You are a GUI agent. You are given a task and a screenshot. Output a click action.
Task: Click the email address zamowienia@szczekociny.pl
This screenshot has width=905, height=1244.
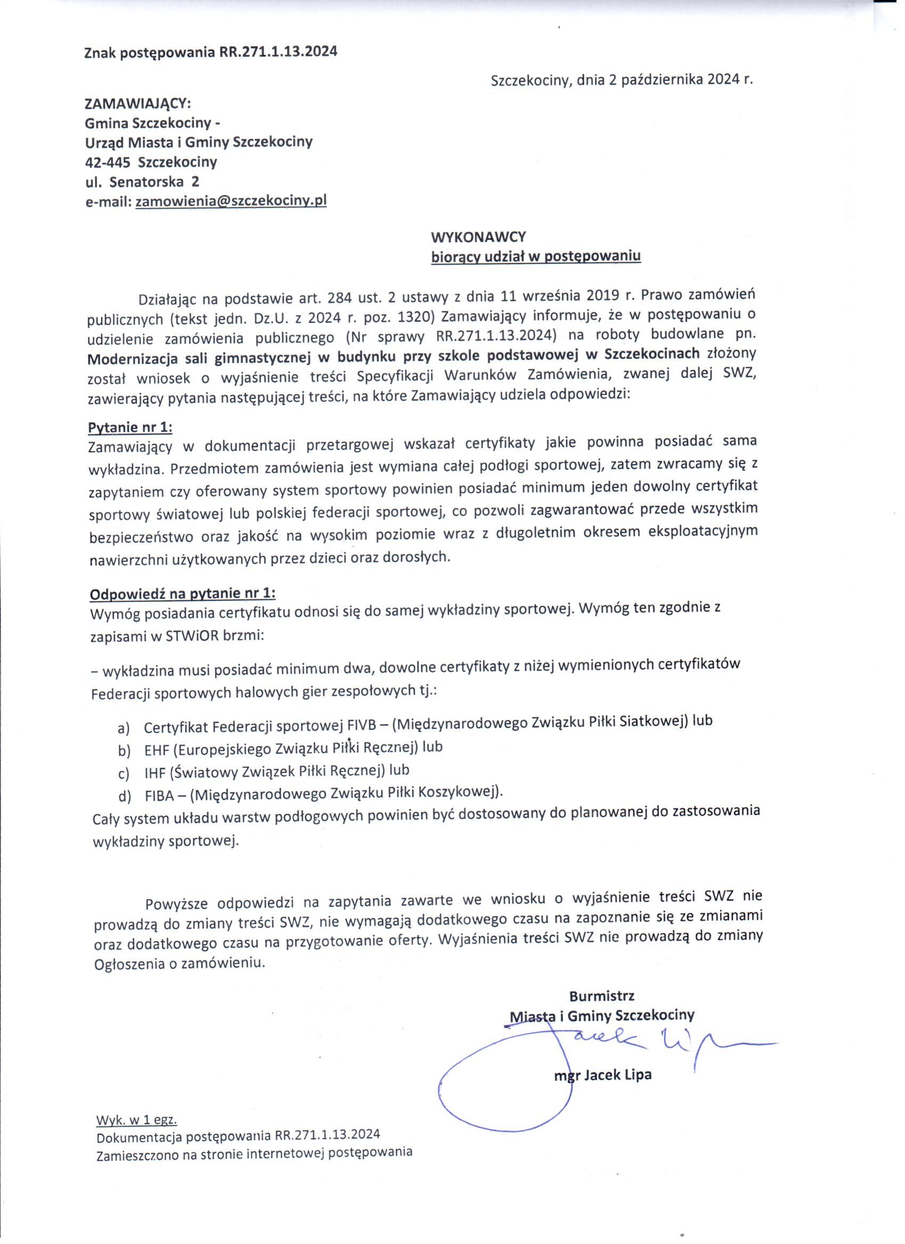[x=231, y=201]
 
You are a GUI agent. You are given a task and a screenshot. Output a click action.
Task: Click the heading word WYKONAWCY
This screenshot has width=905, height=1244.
[x=478, y=237]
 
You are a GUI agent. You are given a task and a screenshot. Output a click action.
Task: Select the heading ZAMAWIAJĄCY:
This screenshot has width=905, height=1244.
[x=137, y=104]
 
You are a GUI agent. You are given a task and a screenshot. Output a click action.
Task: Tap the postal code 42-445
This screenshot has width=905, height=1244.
[x=103, y=162]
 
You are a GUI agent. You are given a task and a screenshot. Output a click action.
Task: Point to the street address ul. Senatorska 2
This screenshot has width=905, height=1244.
[x=142, y=181]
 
